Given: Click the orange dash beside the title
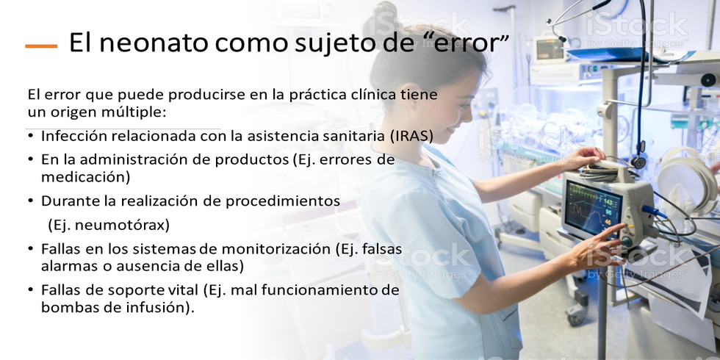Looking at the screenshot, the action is point(41,46).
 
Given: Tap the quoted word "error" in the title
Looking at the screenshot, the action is point(464,43).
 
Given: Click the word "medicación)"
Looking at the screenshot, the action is point(86,177).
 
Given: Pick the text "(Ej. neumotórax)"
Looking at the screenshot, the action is point(109,225).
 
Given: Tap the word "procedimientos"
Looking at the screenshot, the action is point(282,201).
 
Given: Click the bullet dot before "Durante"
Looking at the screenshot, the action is point(31,201).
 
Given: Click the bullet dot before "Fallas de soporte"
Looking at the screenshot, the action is point(31,289).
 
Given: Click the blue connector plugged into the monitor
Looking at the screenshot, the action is point(653,212).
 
